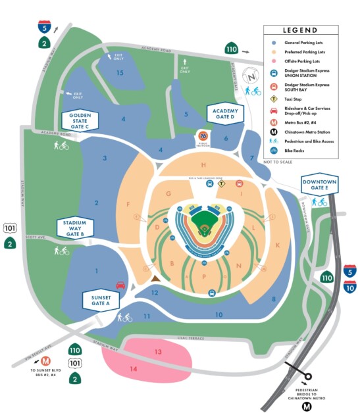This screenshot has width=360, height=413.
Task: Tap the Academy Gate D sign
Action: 225,112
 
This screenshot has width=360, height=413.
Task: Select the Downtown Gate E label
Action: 319,185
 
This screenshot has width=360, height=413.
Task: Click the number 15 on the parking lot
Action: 120,72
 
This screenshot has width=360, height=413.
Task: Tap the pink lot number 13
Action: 158,352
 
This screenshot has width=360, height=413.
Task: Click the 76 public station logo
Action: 203,136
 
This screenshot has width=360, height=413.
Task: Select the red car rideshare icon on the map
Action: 120,285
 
